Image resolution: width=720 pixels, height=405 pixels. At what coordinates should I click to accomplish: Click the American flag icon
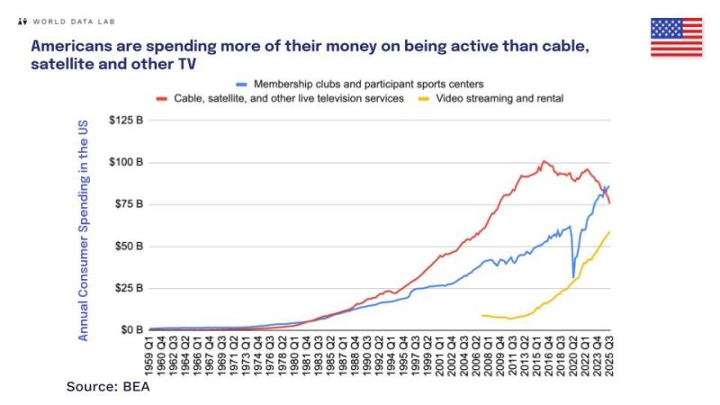point(676,36)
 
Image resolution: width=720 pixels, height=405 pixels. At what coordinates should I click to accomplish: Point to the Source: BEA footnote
point(107,387)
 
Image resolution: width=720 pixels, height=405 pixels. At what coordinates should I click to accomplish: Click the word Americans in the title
point(74,44)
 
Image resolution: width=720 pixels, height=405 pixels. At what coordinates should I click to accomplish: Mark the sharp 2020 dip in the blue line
point(573,277)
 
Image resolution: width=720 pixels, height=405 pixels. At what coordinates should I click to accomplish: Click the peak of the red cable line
point(543,162)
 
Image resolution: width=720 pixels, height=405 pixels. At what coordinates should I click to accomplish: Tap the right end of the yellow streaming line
point(609,232)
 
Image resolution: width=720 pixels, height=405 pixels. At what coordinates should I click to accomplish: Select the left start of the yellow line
point(482,315)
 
